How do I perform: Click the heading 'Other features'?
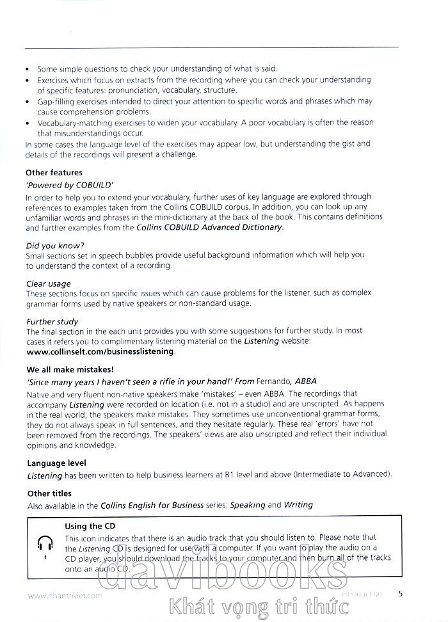pos(54,173)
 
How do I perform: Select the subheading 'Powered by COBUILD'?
pos(61,185)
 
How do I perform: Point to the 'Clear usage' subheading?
pos(48,283)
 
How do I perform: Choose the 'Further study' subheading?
pos(52,321)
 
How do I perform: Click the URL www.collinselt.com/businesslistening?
pos(100,351)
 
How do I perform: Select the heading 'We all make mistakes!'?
pos(70,369)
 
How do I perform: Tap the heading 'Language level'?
pos(56,463)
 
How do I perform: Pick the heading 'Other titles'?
pos(49,493)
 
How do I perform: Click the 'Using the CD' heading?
pos(90,526)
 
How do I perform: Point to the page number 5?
pos(400,593)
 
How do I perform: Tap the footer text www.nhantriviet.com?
pos(65,595)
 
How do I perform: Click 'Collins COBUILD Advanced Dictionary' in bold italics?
pos(209,227)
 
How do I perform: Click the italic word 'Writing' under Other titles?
pos(298,505)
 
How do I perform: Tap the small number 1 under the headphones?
pos(45,558)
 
